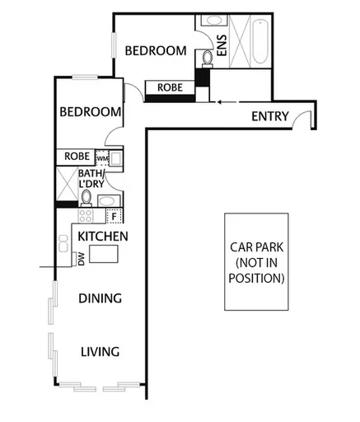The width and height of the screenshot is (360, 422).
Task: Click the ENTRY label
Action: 269,116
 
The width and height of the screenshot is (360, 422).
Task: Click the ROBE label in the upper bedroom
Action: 170,87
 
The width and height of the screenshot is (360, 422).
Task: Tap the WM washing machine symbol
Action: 102,157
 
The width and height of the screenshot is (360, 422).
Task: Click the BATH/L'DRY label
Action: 91,179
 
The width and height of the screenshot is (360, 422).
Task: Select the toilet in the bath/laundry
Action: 86,197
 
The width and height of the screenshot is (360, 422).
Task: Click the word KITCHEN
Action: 102,237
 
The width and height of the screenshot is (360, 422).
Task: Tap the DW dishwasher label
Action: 81,259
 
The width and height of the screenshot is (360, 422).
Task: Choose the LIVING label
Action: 100,352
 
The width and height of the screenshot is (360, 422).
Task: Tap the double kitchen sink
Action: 63,243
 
